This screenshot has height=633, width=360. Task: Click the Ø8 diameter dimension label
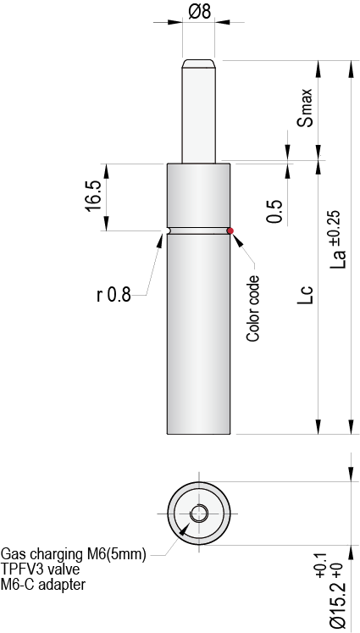click(199, 13)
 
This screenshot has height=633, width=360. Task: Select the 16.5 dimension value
click(93, 196)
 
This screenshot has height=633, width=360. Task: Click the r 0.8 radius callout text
click(113, 295)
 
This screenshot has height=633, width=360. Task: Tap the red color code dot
click(230, 230)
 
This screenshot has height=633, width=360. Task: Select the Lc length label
click(307, 295)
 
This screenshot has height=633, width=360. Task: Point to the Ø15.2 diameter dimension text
click(336, 602)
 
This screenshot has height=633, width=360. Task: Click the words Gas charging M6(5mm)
click(74, 554)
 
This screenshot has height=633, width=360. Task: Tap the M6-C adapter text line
click(43, 585)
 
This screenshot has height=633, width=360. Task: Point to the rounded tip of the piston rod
click(199, 63)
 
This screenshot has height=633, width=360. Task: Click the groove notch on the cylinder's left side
click(169, 230)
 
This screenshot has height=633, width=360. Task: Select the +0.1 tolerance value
click(319, 564)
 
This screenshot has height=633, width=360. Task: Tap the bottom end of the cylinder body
click(199, 430)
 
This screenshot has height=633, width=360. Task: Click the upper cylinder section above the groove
click(199, 195)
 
